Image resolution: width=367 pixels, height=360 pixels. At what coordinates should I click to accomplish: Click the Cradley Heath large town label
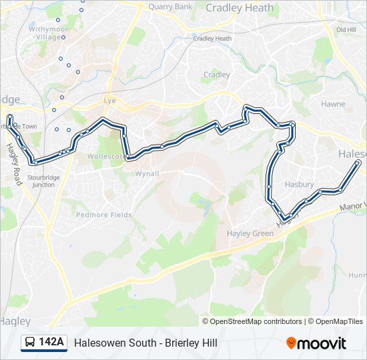[240, 8]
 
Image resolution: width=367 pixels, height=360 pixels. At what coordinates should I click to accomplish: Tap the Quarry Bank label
[170, 7]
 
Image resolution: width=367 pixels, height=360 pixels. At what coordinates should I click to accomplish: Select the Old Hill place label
[346, 30]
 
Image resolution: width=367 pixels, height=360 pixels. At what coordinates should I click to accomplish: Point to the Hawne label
[333, 105]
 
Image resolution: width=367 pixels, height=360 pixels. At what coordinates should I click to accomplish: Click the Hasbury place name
[299, 185]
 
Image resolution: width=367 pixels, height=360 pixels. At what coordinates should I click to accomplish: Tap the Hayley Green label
[250, 233]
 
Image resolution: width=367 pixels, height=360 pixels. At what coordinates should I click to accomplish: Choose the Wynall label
[147, 174]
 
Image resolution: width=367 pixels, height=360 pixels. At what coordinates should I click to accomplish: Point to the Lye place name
[110, 101]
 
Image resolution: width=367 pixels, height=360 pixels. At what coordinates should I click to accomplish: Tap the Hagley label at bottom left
[15, 321]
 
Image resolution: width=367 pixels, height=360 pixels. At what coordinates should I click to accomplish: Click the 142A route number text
[51, 343]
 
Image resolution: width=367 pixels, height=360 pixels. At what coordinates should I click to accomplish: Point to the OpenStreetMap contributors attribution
[256, 321]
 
